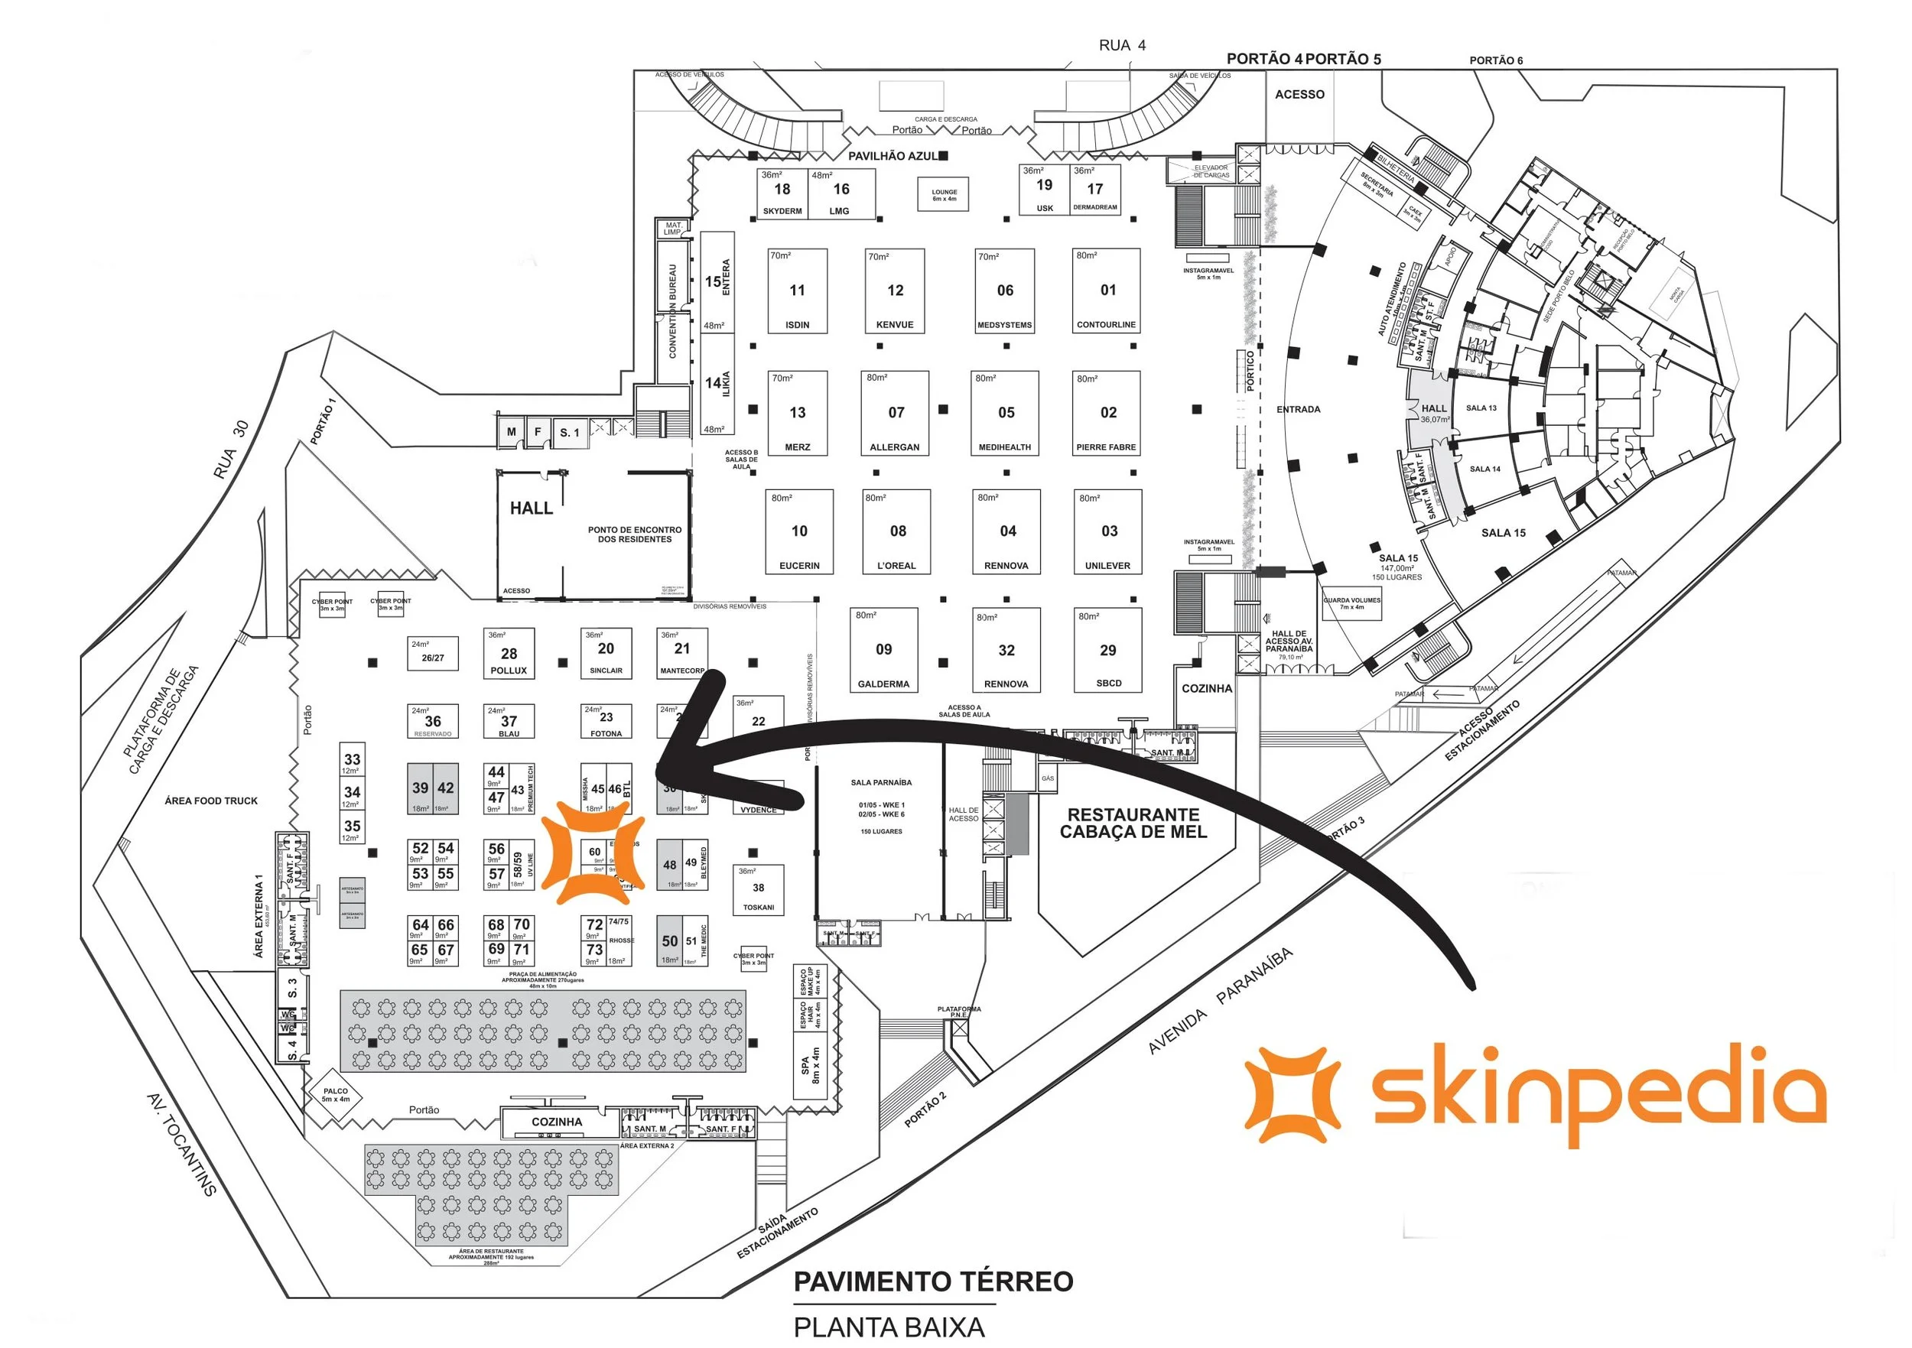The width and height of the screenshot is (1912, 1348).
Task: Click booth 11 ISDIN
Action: point(797,291)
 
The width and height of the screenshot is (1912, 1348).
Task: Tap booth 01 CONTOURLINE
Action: point(1106,291)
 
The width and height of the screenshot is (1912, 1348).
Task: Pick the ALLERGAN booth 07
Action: point(896,413)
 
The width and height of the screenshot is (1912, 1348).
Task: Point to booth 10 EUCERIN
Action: point(798,532)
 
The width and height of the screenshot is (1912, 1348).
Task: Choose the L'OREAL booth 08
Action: point(897,532)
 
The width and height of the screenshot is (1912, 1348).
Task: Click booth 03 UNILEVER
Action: point(1107,532)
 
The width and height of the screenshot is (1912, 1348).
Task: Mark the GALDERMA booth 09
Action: point(883,650)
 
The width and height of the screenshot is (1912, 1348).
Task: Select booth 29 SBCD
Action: point(1107,650)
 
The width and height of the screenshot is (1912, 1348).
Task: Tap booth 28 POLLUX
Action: point(509,655)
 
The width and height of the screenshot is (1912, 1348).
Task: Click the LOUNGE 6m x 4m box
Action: point(944,195)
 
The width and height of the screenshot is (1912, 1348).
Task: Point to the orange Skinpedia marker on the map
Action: point(593,853)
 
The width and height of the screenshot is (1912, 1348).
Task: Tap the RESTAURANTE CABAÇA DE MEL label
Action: point(1133,823)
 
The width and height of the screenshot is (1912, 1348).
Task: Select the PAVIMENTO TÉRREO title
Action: point(933,1282)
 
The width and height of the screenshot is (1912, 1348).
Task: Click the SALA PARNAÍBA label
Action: point(881,783)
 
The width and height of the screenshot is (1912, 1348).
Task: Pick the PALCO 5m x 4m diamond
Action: point(336,1095)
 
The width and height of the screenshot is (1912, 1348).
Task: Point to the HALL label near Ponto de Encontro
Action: point(532,508)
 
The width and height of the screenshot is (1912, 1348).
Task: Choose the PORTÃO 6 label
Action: point(1496,60)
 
